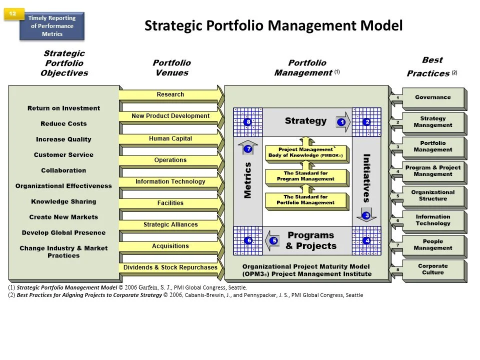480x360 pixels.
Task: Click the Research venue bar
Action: pyautogui.click(x=170, y=94)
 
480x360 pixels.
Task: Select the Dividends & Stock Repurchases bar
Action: pyautogui.click(x=170, y=267)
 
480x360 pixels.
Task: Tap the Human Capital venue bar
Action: pyautogui.click(x=170, y=138)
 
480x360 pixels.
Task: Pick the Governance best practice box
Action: pyautogui.click(x=432, y=97)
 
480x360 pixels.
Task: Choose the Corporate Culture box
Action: pyautogui.click(x=432, y=269)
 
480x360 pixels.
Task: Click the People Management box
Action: pyautogui.click(x=432, y=245)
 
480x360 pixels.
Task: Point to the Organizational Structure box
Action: pyautogui.click(x=432, y=195)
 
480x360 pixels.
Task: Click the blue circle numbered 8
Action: pyautogui.click(x=247, y=121)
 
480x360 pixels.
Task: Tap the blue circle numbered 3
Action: pyautogui.click(x=366, y=215)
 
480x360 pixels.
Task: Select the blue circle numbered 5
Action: pyautogui.click(x=274, y=240)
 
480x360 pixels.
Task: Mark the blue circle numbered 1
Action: pyautogui.click(x=342, y=121)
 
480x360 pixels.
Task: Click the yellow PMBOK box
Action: pyautogui.click(x=306, y=153)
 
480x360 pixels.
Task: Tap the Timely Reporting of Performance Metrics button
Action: pyautogui.click(x=52, y=26)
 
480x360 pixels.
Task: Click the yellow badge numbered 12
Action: pyautogui.click(x=13, y=14)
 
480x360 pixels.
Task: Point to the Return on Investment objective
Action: pyautogui.click(x=63, y=108)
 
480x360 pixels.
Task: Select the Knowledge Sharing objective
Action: pyautogui.click(x=63, y=201)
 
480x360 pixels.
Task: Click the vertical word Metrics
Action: pyautogui.click(x=247, y=180)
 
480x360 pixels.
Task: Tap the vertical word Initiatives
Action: pyautogui.click(x=366, y=177)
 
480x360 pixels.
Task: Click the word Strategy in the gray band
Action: pyautogui.click(x=305, y=120)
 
